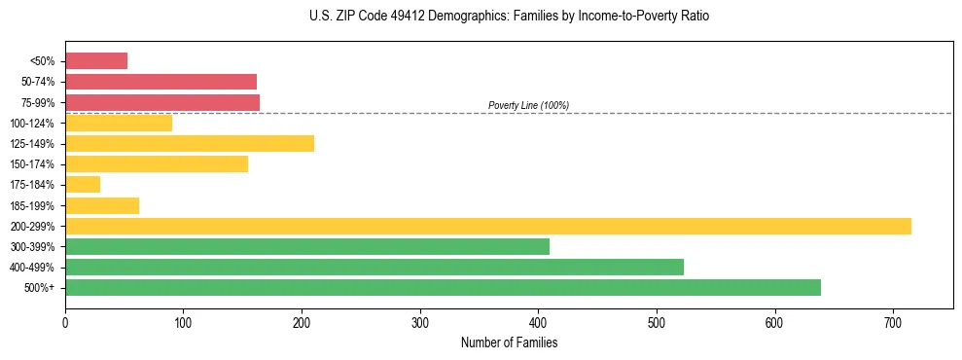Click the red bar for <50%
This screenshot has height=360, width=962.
pos(96,61)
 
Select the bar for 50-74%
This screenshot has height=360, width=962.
pos(160,82)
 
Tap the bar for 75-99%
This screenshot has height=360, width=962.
pos(162,102)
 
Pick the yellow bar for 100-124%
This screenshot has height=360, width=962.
pos(119,123)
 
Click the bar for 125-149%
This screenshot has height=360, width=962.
pos(190,144)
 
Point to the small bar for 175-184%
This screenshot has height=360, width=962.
pos(83,185)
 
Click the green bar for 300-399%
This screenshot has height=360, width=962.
pos(307,246)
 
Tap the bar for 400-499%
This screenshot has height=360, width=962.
pos(374,267)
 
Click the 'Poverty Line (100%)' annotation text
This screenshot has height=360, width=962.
pos(528,105)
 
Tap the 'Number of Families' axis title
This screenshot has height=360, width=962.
pos(509,342)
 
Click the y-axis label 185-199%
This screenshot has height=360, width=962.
pos(33,205)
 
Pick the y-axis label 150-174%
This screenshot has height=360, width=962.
pos(33,164)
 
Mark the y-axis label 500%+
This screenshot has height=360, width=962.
pos(39,288)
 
